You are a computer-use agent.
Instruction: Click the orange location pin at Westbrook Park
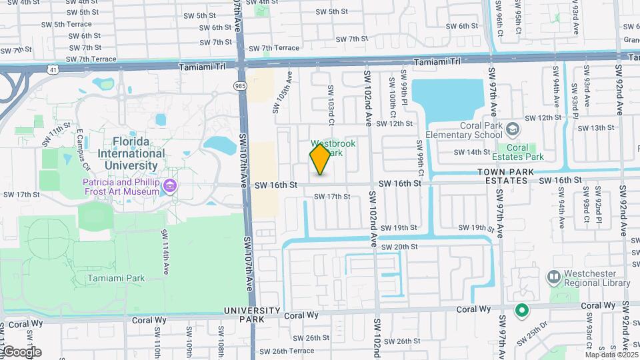click(320, 159)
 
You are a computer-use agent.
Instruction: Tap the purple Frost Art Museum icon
click(171, 185)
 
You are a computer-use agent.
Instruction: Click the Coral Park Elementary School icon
click(512, 128)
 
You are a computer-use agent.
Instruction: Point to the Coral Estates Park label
click(517, 152)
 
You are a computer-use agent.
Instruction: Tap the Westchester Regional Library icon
click(553, 276)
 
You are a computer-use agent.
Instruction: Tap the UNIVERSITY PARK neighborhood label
click(252, 315)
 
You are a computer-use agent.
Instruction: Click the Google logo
click(21, 352)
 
